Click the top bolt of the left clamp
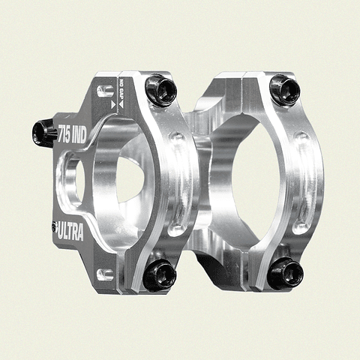coord(160,90)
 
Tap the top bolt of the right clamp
coord(284,89)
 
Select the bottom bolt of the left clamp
coord(159,274)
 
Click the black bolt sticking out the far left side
coord(44,133)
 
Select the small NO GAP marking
coord(118,91)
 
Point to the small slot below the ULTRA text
coord(105,274)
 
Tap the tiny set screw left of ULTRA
coord(54,226)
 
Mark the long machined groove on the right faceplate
coord(301,180)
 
